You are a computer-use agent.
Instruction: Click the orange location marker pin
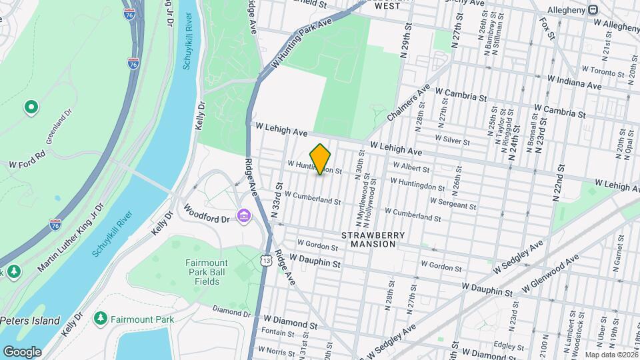tap(321, 159)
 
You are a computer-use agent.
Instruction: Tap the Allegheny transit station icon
tap(591, 10)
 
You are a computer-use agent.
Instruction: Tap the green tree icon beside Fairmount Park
tap(101, 318)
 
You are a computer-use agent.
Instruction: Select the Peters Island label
tap(30, 321)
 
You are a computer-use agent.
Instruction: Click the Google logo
tap(22, 351)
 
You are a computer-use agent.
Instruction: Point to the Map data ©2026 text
tap(611, 354)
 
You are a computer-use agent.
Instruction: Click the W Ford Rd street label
tap(27, 158)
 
